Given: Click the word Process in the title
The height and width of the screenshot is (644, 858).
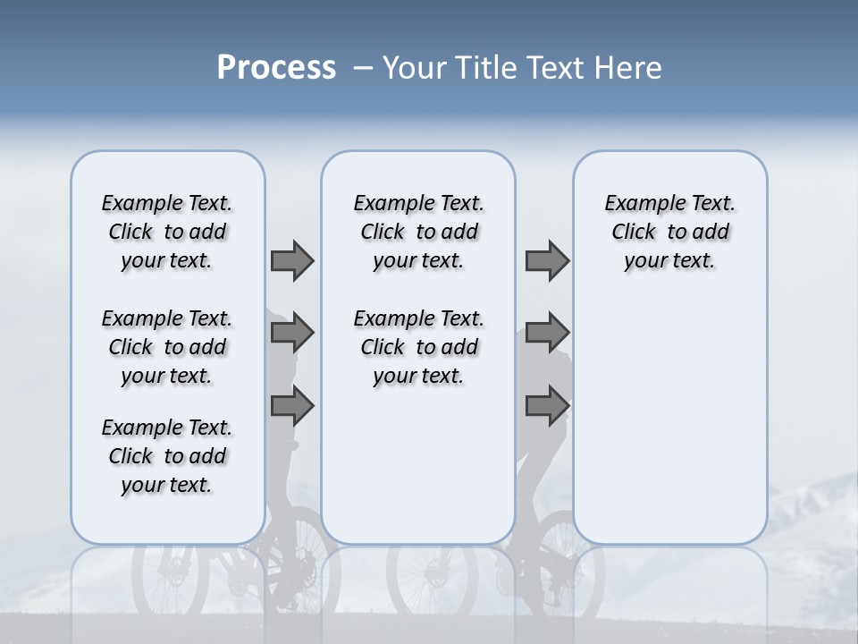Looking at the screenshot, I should (x=276, y=68).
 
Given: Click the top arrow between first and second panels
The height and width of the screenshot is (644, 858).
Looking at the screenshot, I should (x=292, y=260).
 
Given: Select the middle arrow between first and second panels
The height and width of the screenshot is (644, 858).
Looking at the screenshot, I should (x=292, y=333).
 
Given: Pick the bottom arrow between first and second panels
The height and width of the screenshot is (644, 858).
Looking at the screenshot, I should (x=292, y=405).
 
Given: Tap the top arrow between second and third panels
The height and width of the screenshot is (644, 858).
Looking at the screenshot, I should (x=547, y=260).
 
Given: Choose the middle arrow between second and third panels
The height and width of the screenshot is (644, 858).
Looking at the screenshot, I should (x=547, y=333).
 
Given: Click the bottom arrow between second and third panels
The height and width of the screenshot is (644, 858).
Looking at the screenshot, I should (x=547, y=405).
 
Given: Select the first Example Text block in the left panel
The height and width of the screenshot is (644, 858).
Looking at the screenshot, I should (x=167, y=232).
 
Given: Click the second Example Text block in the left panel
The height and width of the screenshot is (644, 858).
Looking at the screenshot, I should (x=167, y=347).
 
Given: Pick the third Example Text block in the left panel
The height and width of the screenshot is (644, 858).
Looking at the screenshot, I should (x=167, y=456).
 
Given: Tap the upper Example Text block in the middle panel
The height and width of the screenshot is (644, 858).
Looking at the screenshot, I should (x=419, y=232).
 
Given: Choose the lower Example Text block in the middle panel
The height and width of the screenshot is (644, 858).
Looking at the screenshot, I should (x=419, y=347).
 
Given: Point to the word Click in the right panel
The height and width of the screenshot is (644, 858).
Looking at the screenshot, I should (x=634, y=233).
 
